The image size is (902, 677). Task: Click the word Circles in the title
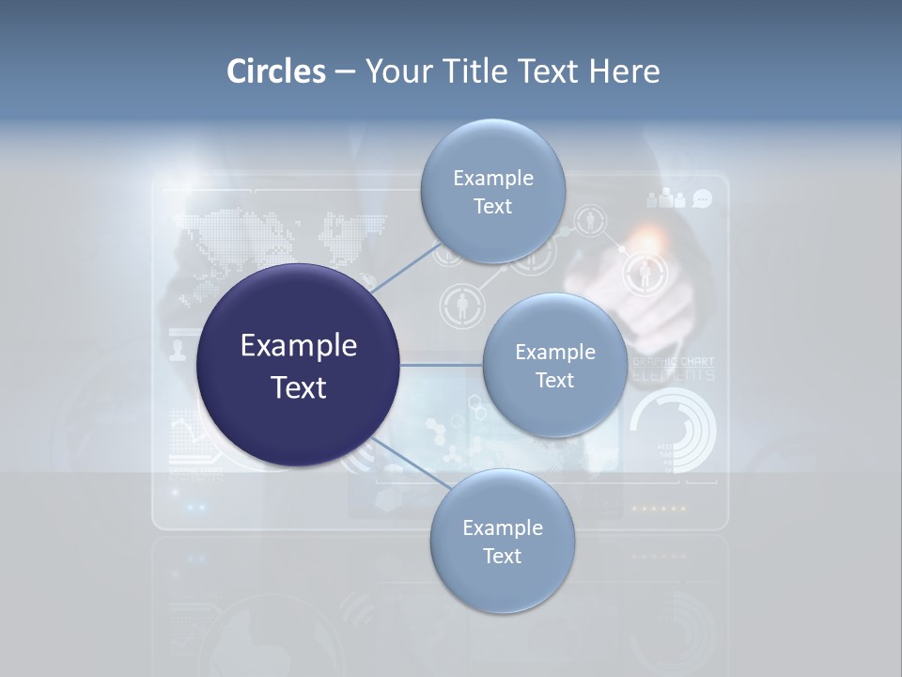pyautogui.click(x=276, y=71)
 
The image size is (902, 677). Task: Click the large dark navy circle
pyautogui.click(x=298, y=365)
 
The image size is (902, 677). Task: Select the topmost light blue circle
pyautogui.click(x=492, y=191)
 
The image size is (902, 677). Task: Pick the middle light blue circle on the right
pyautogui.click(x=554, y=365)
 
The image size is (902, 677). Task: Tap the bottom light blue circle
pyautogui.click(x=502, y=541)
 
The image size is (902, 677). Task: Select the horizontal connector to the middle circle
pyautogui.click(x=441, y=365)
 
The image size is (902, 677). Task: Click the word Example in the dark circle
pyautogui.click(x=298, y=345)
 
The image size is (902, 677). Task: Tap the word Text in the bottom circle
pyautogui.click(x=502, y=556)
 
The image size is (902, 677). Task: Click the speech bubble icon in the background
pyautogui.click(x=702, y=198)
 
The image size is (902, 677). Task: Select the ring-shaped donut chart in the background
pyautogui.click(x=673, y=432)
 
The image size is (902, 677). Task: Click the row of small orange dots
pyautogui.click(x=658, y=508)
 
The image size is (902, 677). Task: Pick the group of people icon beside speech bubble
pyautogui.click(x=667, y=198)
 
